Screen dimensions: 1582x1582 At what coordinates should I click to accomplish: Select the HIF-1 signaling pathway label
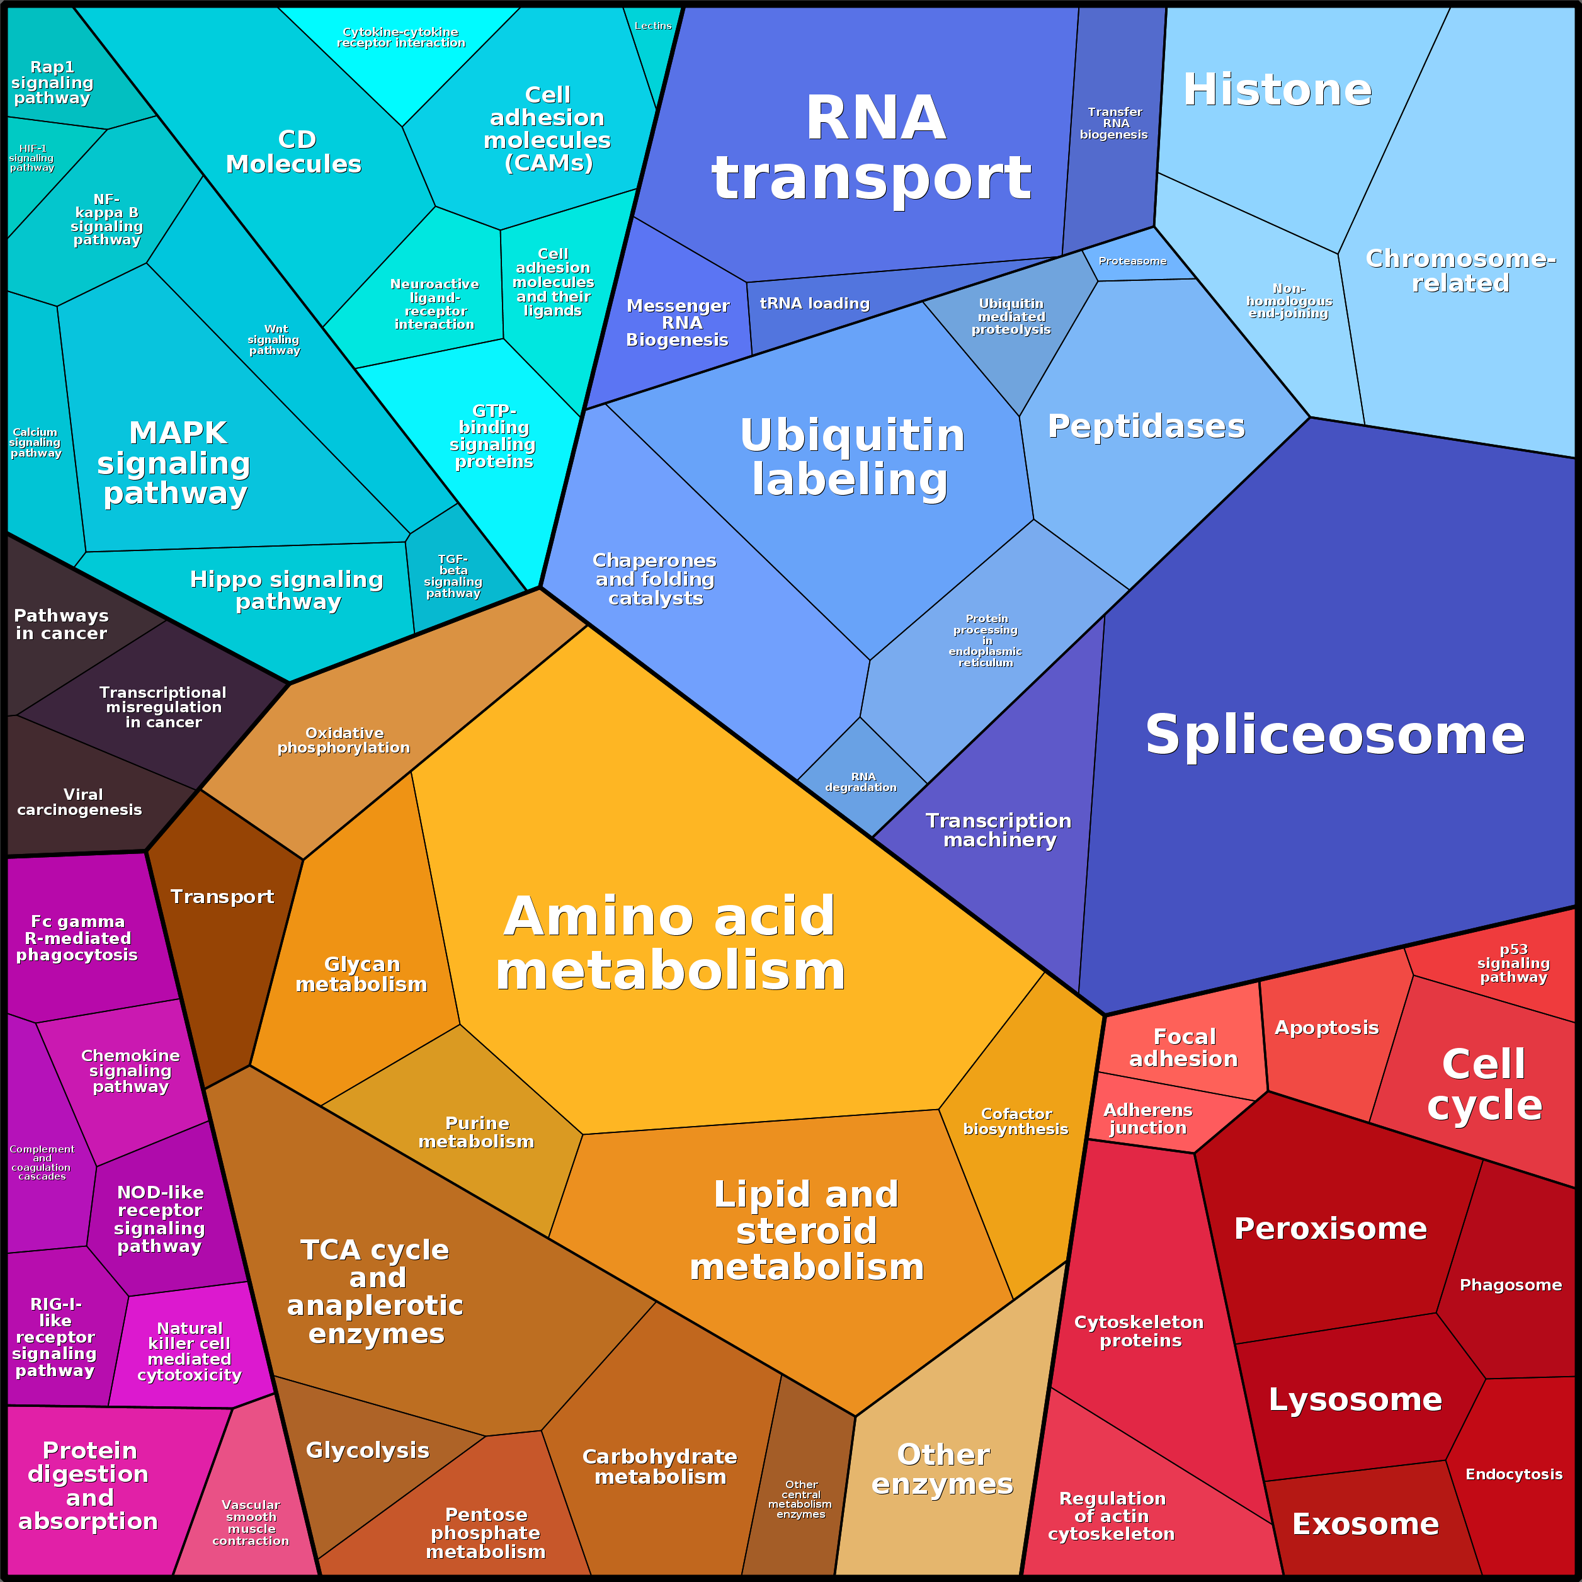pos(32,158)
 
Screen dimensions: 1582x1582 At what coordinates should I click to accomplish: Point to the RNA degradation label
pos(862,782)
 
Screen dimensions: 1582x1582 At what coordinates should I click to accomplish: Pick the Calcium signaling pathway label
pos(35,442)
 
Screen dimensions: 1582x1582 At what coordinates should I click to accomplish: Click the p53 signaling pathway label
pos(1513,963)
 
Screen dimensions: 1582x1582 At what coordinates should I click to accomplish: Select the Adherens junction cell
pos(1148,1118)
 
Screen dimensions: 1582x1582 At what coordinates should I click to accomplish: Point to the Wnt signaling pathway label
pos(275,340)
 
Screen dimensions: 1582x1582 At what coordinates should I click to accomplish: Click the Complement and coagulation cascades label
pos(42,1163)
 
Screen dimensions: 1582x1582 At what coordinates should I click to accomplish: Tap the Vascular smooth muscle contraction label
pos(251,1522)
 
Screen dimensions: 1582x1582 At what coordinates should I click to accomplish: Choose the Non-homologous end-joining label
pos(1289,300)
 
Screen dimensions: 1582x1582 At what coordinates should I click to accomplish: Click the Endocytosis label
pos(1513,1474)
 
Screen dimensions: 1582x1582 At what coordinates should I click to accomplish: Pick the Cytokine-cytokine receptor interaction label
pos(401,38)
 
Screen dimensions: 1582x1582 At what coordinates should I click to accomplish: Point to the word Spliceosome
pos(1334,734)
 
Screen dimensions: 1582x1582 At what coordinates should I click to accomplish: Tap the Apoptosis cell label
pos(1326,1028)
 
